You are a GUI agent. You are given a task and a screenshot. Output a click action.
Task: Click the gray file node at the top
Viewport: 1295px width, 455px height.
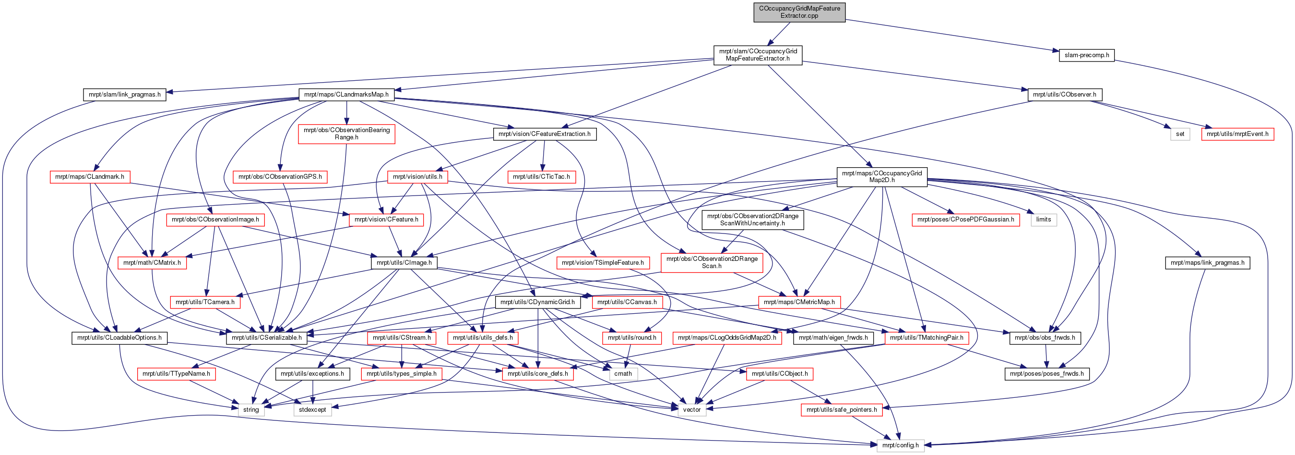coord(799,12)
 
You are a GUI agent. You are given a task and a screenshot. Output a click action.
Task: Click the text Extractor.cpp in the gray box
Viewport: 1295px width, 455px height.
coord(799,15)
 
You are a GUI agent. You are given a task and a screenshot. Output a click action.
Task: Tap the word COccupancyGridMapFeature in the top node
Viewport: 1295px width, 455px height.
coord(799,9)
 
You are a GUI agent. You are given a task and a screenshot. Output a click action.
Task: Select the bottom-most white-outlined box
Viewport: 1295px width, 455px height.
coord(901,445)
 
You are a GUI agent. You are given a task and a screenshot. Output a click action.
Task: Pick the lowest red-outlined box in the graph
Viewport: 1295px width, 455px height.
coord(842,410)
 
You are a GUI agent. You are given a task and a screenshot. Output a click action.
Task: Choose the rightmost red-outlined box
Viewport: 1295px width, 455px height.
coord(1238,135)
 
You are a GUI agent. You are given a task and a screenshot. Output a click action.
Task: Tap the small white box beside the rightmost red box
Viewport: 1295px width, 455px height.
coord(1180,135)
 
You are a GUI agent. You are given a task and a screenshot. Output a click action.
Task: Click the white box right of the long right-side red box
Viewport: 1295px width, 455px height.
coord(1044,220)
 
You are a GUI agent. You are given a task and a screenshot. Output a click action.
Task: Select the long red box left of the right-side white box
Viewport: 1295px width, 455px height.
coord(966,220)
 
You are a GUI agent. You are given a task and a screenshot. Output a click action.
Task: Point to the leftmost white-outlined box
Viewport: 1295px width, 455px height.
coord(251,410)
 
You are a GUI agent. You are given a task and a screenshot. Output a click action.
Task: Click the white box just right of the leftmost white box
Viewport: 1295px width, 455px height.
coord(313,410)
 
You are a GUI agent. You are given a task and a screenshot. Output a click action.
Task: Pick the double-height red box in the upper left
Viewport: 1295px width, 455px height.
coord(346,134)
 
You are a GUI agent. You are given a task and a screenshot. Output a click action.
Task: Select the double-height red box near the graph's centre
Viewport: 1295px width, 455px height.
coord(712,263)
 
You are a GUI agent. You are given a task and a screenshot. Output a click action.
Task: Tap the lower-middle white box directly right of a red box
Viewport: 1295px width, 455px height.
coord(623,374)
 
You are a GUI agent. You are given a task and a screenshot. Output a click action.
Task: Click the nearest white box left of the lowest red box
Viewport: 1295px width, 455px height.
coord(692,410)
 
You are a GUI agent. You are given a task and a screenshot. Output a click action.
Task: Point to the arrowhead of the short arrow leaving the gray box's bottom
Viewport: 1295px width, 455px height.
coord(769,45)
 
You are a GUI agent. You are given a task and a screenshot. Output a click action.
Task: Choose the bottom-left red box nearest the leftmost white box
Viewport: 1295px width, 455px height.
coord(177,374)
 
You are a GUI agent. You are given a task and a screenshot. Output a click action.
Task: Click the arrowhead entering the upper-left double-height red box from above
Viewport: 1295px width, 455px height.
coord(346,122)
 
